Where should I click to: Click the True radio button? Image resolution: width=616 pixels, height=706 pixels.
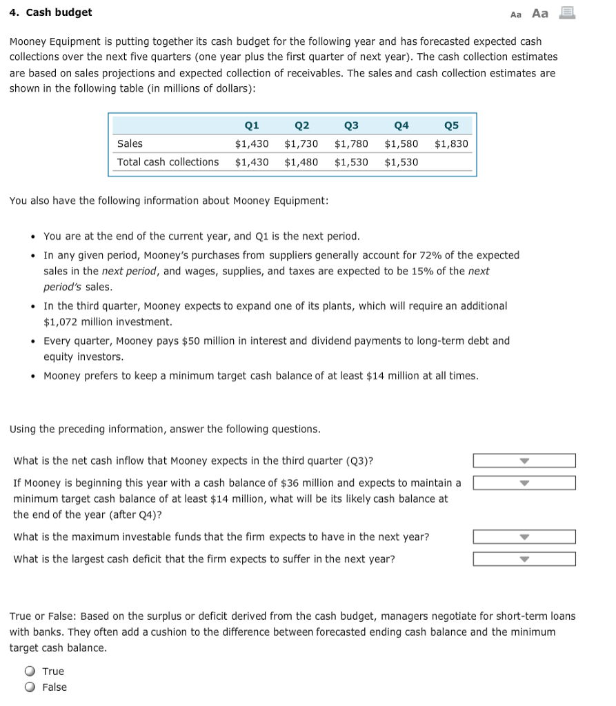(x=30, y=671)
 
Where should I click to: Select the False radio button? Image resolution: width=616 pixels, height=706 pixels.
(x=30, y=687)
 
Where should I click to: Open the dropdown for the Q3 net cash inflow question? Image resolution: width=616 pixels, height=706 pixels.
(x=524, y=461)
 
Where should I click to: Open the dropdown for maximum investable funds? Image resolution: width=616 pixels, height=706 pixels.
(x=524, y=536)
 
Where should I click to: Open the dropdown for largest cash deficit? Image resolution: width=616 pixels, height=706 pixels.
(x=524, y=558)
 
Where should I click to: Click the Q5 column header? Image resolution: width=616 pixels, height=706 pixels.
(x=451, y=125)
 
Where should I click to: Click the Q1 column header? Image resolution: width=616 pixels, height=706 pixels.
(x=252, y=125)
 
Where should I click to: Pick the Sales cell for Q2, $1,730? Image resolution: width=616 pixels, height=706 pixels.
(x=301, y=143)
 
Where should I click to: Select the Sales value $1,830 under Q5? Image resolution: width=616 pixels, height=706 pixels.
(x=451, y=143)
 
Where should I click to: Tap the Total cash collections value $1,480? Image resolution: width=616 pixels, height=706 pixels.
(x=301, y=161)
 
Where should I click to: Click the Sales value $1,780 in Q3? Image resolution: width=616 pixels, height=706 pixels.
(x=351, y=143)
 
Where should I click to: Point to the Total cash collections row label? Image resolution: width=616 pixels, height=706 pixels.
(x=168, y=161)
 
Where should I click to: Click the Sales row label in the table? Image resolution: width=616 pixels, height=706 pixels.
(x=130, y=143)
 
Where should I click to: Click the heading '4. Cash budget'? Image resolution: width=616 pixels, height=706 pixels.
(x=50, y=12)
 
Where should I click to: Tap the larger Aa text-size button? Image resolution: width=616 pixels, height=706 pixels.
(x=540, y=13)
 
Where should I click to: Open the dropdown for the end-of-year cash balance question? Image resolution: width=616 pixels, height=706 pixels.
(x=524, y=483)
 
